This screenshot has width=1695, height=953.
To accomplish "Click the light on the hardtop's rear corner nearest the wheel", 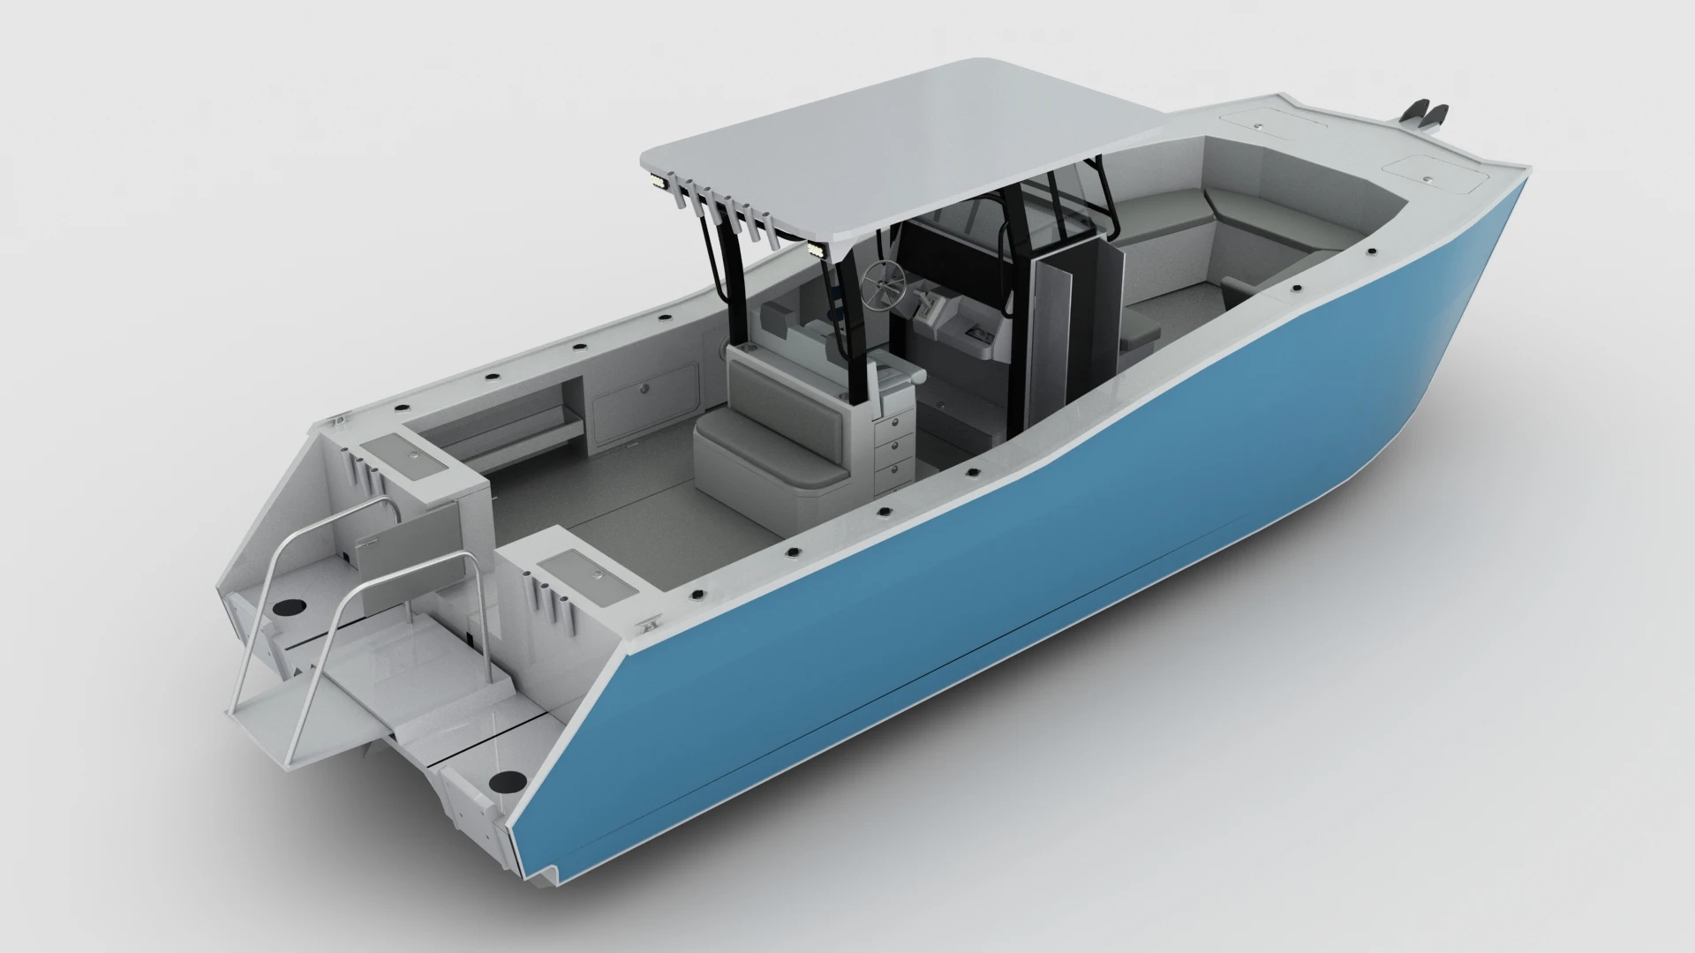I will point(818,251).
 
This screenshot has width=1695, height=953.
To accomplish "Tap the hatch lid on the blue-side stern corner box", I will point(583,567).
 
